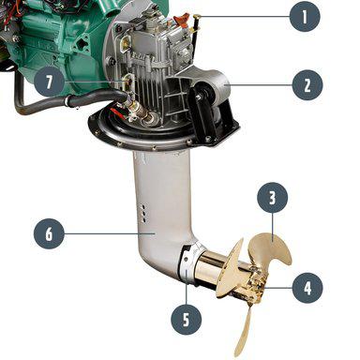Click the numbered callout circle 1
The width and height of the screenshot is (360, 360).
coord(305,16)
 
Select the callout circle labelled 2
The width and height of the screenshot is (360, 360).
coord(307,85)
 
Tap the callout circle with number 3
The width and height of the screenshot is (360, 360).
coord(272,198)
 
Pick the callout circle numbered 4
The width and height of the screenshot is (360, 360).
coord(307,288)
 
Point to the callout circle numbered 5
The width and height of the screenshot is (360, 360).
coord(187,320)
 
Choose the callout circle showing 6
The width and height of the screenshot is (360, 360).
coord(49,233)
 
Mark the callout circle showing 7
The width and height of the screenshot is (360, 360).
coord(49,82)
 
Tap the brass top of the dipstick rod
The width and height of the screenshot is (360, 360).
coord(197,16)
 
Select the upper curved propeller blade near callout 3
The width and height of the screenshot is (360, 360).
coord(269,250)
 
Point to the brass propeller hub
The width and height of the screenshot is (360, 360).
coord(253,283)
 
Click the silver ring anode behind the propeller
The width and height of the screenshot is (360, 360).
coord(190,260)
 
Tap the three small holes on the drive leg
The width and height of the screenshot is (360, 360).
coord(143,214)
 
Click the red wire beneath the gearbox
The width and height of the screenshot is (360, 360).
coord(120,113)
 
